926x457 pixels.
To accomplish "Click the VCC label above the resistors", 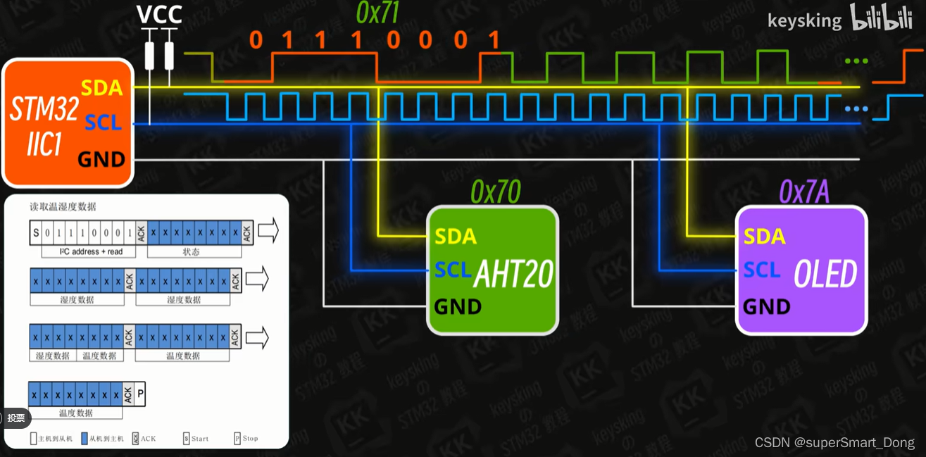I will click(159, 14).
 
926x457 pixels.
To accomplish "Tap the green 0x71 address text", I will click(378, 13).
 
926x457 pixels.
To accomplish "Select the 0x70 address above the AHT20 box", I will click(495, 192).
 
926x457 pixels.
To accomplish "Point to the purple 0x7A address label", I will click(803, 192).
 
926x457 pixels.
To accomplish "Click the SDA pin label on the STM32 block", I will click(101, 88).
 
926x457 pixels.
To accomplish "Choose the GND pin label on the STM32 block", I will click(101, 160).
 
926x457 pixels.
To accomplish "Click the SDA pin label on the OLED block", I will click(764, 237).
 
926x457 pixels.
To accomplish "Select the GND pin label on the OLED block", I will click(767, 307).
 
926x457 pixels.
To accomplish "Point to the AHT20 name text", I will click(513, 274).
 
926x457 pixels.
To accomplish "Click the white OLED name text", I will click(825, 274).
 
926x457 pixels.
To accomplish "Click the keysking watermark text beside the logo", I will click(804, 21).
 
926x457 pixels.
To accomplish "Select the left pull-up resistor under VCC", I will click(149, 56).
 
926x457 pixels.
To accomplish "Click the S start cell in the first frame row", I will click(35, 232).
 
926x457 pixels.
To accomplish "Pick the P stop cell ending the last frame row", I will click(140, 395).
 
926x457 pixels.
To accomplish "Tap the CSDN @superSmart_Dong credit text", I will click(834, 443).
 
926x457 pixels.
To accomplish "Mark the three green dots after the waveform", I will click(856, 61).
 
